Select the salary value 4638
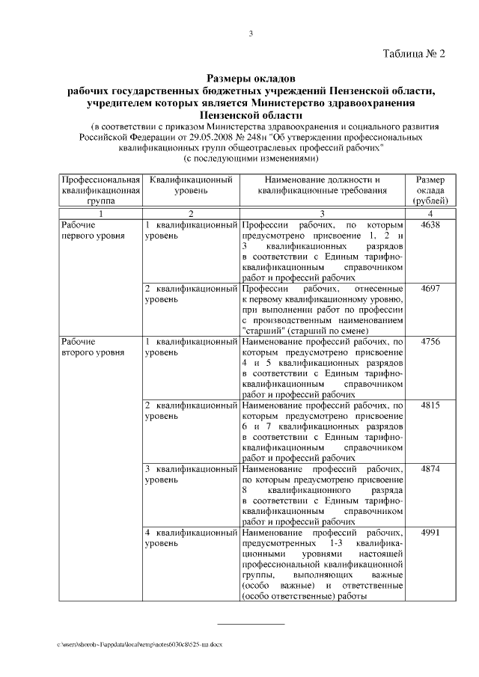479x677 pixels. click(431, 224)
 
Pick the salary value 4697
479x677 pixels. click(431, 288)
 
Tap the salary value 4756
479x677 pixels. click(431, 342)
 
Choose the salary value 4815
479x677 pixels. click(431, 405)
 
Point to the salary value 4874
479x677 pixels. click(431, 469)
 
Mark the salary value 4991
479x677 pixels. click(431, 533)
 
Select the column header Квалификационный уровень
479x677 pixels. click(190, 186)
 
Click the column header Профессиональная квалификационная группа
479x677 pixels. click(100, 191)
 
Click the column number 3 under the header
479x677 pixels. click(322, 214)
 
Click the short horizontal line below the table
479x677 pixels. click(251, 623)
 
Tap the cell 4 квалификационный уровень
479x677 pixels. click(190, 539)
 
